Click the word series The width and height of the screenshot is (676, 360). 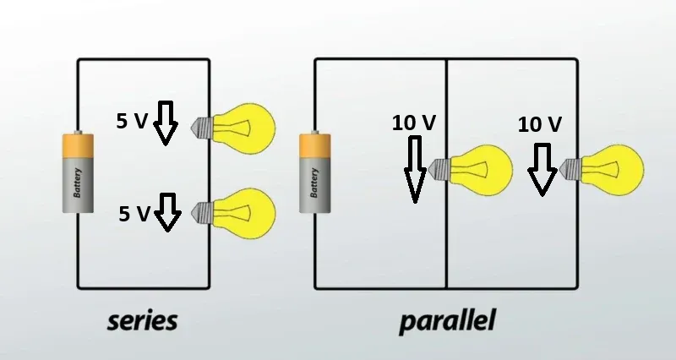(142, 322)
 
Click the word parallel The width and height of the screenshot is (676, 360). (448, 321)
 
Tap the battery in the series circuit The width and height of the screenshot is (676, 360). (78, 172)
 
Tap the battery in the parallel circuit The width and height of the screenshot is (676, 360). (315, 172)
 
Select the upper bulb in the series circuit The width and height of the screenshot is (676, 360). (233, 128)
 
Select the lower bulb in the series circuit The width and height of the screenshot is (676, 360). (233, 214)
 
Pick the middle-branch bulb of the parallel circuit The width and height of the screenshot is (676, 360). (472, 170)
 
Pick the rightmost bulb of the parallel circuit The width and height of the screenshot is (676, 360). (602, 170)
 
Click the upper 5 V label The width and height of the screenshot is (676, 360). (132, 121)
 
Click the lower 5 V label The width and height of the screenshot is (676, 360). (134, 214)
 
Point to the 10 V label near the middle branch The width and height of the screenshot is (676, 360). (414, 123)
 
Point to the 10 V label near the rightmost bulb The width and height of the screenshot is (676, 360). (540, 124)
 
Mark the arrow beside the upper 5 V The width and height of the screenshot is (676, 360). (166, 123)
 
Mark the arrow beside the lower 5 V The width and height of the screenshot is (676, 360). (167, 212)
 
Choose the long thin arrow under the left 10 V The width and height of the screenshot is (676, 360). (415, 169)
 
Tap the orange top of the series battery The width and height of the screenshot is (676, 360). (78, 145)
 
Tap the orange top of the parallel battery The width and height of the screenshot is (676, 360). (315, 145)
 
